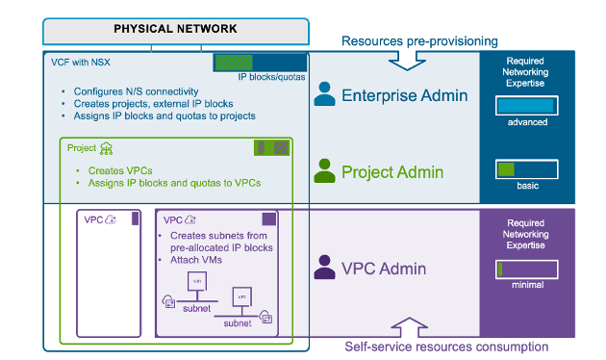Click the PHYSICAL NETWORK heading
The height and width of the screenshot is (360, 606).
pyautogui.click(x=175, y=29)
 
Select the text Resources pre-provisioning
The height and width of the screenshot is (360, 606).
pyautogui.click(x=419, y=40)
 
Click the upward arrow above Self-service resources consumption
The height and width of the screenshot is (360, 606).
pyautogui.click(x=407, y=326)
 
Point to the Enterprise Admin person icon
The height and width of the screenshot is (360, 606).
pyautogui.click(x=325, y=94)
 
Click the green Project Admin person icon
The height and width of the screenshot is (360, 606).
pyautogui.click(x=325, y=171)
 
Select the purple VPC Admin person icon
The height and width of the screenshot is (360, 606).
pyautogui.click(x=325, y=268)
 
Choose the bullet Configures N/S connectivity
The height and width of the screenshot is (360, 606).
pyautogui.click(x=135, y=91)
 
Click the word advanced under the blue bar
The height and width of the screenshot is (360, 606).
pyautogui.click(x=526, y=122)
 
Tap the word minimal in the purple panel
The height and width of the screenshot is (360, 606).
pyautogui.click(x=526, y=285)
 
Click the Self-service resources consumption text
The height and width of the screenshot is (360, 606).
pyautogui.click(x=446, y=347)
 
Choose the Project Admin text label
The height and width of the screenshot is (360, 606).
pyautogui.click(x=392, y=171)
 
